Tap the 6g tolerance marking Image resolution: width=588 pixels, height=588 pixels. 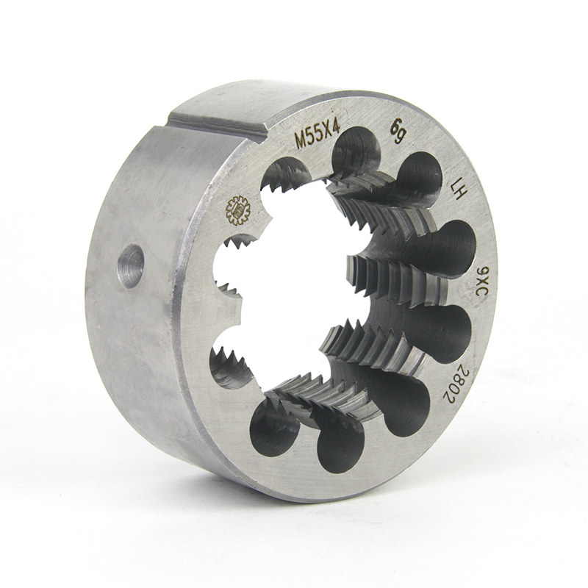[396, 132]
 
